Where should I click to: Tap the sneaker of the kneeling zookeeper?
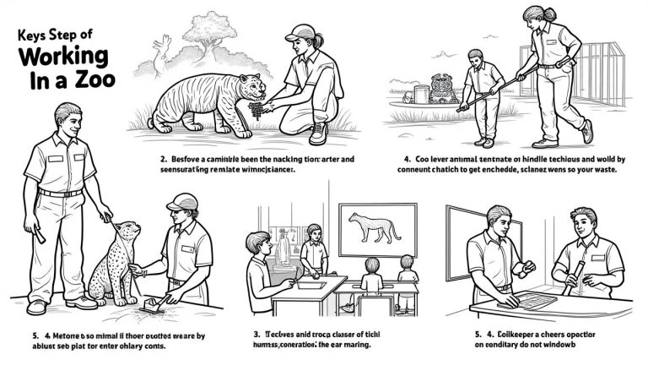pyautogui.click(x=318, y=133)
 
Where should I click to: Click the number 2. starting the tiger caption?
pyautogui.click(x=163, y=158)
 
